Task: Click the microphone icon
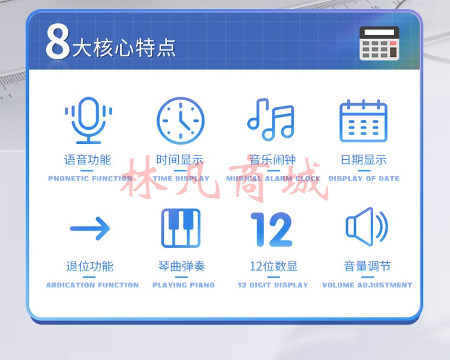click(88, 120)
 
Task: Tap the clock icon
click(181, 121)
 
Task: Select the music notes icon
click(271, 119)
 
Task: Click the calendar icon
click(364, 121)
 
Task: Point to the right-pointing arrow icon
click(90, 229)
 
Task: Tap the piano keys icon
click(181, 228)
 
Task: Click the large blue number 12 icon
click(271, 229)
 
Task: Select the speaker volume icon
click(367, 227)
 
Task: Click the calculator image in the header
click(379, 43)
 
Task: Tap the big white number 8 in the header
click(58, 41)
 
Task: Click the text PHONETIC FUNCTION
click(91, 179)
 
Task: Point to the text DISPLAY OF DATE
click(364, 179)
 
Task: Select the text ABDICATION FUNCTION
click(92, 285)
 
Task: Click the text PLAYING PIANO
click(184, 285)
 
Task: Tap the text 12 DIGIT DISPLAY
click(272, 285)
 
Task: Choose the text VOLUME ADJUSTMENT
click(367, 285)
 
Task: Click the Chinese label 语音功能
click(88, 160)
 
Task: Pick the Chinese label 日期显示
click(364, 160)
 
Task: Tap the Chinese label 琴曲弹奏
click(181, 266)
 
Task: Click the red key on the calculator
click(393, 43)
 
